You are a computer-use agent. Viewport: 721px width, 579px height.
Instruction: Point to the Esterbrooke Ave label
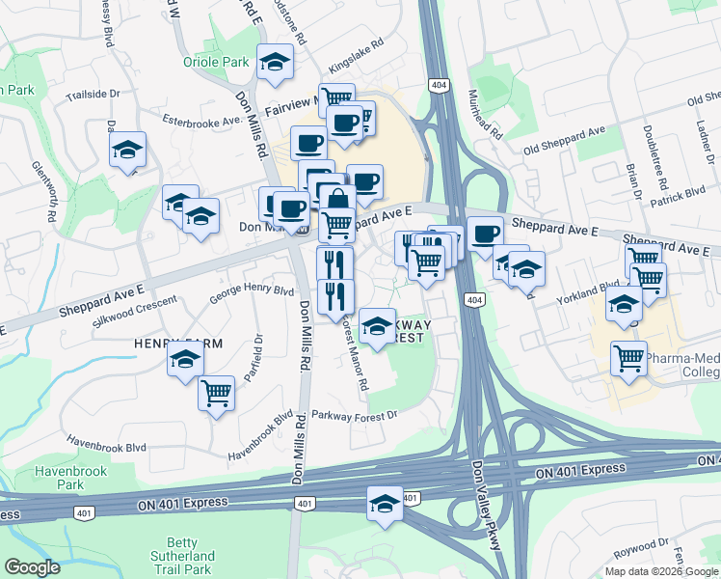tap(200, 123)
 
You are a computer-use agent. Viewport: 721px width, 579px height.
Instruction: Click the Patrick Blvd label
tap(678, 194)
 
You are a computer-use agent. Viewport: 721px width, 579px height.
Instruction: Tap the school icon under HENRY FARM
tap(185, 361)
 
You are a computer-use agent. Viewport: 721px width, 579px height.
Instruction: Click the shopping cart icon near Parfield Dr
tap(217, 393)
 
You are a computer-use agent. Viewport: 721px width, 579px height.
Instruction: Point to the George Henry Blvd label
tap(252, 289)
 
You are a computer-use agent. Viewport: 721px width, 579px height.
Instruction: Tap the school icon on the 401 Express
tap(385, 504)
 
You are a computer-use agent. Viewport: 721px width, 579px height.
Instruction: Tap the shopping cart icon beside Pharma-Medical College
tap(628, 358)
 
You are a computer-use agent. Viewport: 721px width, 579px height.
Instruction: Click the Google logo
tap(32, 567)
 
